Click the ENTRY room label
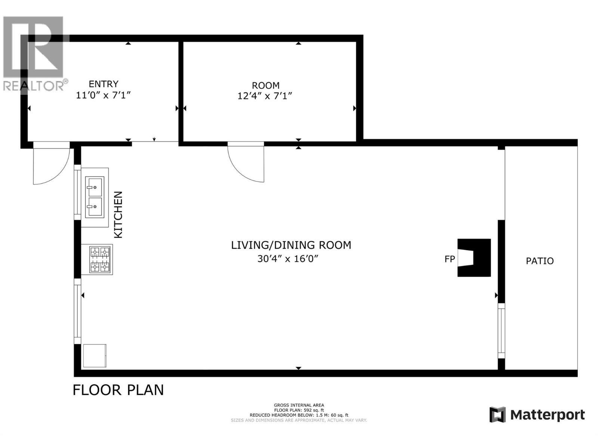pyautogui.click(x=104, y=84)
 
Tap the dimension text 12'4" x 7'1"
pyautogui.click(x=265, y=96)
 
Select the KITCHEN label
pyautogui.click(x=118, y=215)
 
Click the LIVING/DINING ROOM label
pyautogui.click(x=291, y=245)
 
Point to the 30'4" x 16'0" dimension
pyautogui.click(x=287, y=258)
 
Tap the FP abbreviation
pyautogui.click(x=450, y=259)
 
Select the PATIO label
pyautogui.click(x=540, y=261)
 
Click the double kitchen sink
pyautogui.click(x=95, y=197)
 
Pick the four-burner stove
pyautogui.click(x=100, y=260)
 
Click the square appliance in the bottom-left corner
pyautogui.click(x=95, y=355)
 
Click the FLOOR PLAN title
pyautogui.click(x=118, y=390)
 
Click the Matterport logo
pyautogui.click(x=537, y=415)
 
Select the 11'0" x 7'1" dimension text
pyautogui.click(x=103, y=95)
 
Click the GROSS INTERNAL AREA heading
pyautogui.click(x=299, y=405)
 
